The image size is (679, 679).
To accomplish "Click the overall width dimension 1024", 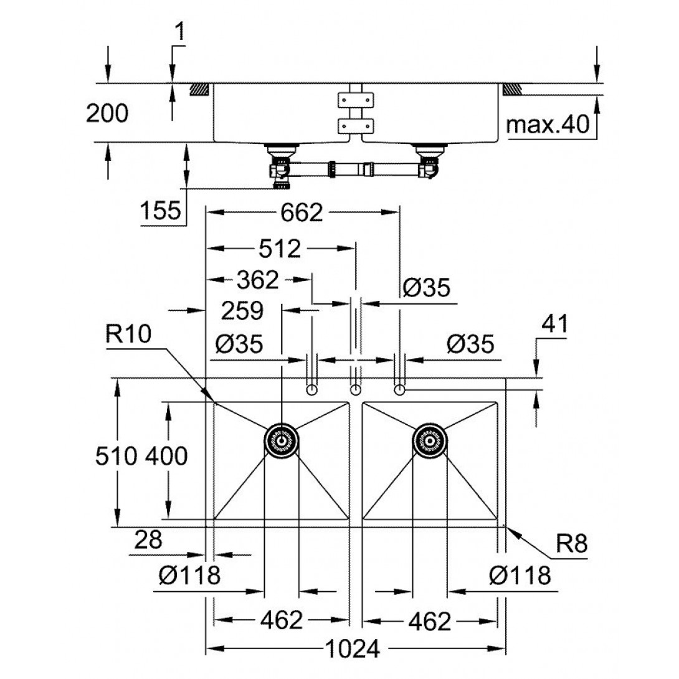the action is (x=352, y=648).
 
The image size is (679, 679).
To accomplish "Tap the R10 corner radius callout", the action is (x=128, y=334).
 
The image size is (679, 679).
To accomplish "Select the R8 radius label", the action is (x=572, y=543).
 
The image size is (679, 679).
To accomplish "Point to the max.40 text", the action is (x=548, y=125).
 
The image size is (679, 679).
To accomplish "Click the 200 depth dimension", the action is (x=107, y=113).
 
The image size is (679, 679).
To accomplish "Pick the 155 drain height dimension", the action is (x=160, y=211).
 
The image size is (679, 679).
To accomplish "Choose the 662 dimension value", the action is (x=302, y=212).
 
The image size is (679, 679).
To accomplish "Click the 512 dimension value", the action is (x=280, y=249).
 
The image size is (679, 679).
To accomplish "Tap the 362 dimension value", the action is (x=258, y=280).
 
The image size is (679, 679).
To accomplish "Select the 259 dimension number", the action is (x=242, y=311).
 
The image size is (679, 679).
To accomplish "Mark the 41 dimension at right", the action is (x=554, y=324).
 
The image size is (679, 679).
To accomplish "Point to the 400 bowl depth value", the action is (x=166, y=456).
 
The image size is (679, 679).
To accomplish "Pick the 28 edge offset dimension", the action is (x=148, y=540).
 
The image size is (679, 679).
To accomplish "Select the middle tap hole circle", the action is (x=356, y=390).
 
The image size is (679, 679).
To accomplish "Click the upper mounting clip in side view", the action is (x=356, y=100).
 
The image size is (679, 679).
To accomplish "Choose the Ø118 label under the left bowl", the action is (x=189, y=575).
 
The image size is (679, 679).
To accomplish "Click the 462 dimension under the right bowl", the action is (x=430, y=621).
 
